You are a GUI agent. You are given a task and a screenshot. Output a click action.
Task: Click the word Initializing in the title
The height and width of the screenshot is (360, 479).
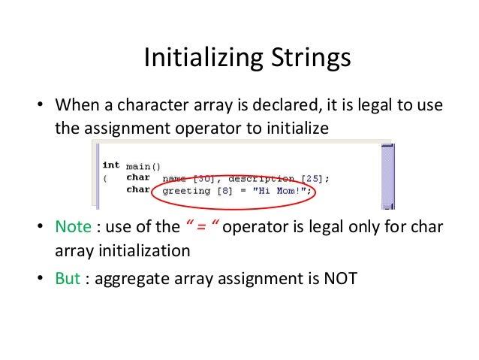pos(194,58)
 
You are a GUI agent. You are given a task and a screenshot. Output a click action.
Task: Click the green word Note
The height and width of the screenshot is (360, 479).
pos(73,226)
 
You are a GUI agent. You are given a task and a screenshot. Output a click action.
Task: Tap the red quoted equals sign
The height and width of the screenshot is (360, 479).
pos(200,226)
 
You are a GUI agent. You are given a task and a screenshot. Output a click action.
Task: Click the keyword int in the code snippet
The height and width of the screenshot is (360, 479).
pos(110,165)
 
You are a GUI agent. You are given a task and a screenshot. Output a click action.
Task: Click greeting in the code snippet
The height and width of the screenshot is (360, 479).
pos(187,191)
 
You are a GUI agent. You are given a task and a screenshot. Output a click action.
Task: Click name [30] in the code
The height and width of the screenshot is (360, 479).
pos(187,178)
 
